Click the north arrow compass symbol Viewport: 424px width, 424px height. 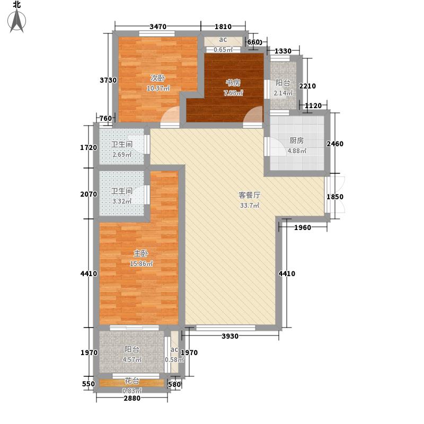[x=17, y=21]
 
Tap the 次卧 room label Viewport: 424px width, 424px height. [x=157, y=78]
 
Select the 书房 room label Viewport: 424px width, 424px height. [x=233, y=83]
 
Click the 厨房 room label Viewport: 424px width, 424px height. [x=297, y=140]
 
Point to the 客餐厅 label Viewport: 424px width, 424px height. [x=250, y=195]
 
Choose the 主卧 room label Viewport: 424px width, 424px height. [x=141, y=253]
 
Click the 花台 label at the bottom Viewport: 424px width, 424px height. [x=131, y=381]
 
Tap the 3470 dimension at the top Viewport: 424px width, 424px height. [x=158, y=26]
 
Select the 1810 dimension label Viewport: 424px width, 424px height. [x=223, y=26]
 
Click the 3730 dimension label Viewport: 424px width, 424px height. [x=108, y=80]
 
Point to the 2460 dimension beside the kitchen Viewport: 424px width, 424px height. [x=335, y=144]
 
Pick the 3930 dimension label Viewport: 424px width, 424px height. [x=230, y=336]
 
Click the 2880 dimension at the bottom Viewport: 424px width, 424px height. [x=132, y=398]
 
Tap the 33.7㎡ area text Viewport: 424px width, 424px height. [x=250, y=206]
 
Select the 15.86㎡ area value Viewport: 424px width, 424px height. [x=141, y=263]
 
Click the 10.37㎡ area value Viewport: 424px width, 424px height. [x=158, y=89]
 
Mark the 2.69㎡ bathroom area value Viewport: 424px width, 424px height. [x=122, y=155]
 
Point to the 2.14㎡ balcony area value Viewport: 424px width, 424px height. [x=283, y=93]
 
